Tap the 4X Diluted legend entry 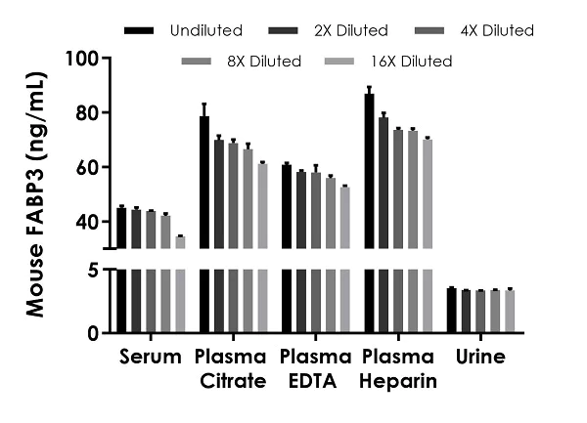(x=495, y=31)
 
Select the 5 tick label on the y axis (x=93, y=271)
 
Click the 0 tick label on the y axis (x=93, y=333)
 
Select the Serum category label (x=150, y=357)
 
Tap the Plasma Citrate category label (x=231, y=368)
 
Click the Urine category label (x=480, y=357)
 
